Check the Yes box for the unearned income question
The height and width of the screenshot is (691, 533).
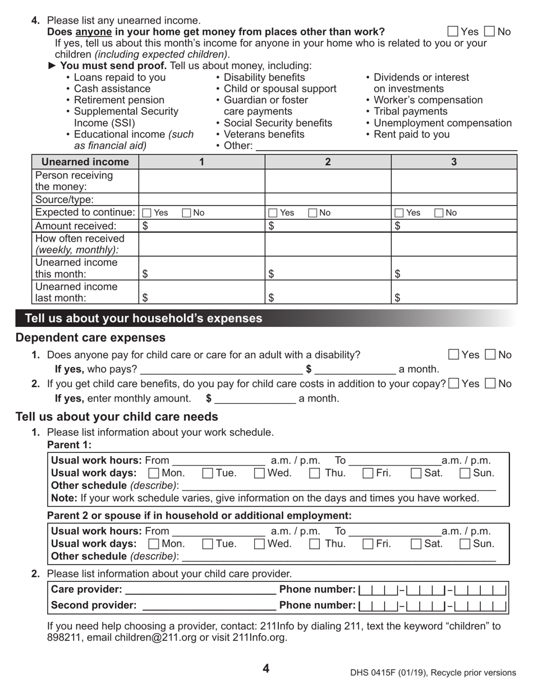(453, 31)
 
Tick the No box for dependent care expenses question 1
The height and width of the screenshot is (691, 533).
(490, 354)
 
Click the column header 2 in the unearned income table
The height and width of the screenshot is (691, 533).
(328, 162)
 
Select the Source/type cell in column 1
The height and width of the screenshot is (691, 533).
(201, 199)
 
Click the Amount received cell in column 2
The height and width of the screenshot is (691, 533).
(328, 226)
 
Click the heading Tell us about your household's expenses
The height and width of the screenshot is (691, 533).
(144, 319)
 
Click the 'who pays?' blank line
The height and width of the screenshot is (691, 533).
(221, 369)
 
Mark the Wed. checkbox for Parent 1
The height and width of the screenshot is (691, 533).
(259, 473)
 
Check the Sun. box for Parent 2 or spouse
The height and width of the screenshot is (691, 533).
(465, 543)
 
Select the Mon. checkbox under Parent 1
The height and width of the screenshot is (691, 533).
(153, 473)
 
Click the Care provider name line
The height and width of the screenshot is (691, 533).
(200, 589)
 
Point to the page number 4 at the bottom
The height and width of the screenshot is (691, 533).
(266, 669)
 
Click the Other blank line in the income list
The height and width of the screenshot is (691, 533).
(386, 146)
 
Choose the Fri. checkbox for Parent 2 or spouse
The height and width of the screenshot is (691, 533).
(367, 543)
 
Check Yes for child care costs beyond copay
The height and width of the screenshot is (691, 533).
(454, 384)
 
